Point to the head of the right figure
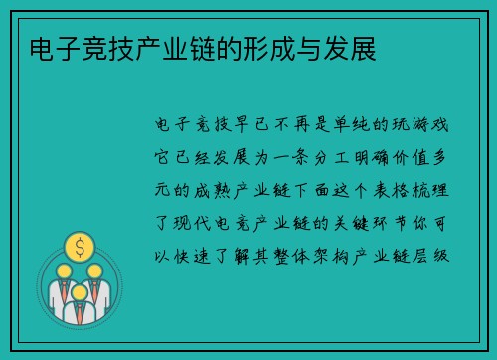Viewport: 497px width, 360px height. pos(94,271)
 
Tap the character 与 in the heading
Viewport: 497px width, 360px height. pos(314,46)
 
